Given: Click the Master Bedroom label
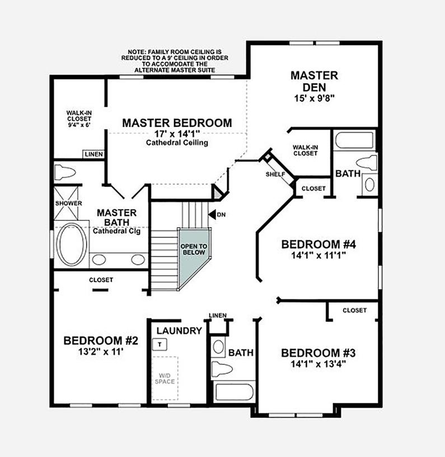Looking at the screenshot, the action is [177, 123].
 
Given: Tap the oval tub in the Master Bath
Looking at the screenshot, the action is [71, 244].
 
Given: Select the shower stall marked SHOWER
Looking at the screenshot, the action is [66, 203].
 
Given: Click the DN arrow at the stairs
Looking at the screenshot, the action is [212, 214].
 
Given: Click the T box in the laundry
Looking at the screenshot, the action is [160, 344].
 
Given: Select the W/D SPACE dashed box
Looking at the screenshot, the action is [165, 378].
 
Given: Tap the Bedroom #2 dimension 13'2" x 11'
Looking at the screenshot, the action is [101, 352].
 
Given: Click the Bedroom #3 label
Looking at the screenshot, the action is [318, 353].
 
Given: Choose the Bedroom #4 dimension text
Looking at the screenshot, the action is [318, 255].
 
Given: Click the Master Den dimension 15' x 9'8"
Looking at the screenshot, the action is [314, 98].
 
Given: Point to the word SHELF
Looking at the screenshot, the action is [275, 174].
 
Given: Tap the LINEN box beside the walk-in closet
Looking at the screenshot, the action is [93, 154].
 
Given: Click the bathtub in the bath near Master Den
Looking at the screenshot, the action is [354, 140].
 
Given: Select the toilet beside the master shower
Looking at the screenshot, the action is [65, 172].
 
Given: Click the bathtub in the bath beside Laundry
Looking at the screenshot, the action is [234, 392].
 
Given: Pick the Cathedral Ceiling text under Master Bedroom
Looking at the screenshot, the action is [177, 142].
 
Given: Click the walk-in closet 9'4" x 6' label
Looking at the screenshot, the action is [79, 119].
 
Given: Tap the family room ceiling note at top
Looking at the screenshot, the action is [175, 61].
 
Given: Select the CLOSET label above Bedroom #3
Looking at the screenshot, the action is [354, 311].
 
